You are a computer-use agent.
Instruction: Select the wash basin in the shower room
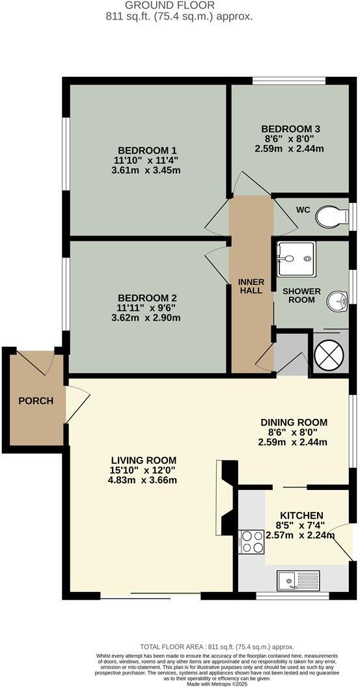[337, 301]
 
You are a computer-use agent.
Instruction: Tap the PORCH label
[31, 401]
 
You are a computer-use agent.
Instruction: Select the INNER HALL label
[251, 286]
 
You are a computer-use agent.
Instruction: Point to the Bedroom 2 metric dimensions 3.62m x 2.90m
[145, 318]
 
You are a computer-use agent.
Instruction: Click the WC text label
[302, 211]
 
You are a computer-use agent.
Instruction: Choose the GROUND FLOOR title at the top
[180, 5]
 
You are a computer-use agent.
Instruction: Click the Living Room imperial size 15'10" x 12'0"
[143, 470]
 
